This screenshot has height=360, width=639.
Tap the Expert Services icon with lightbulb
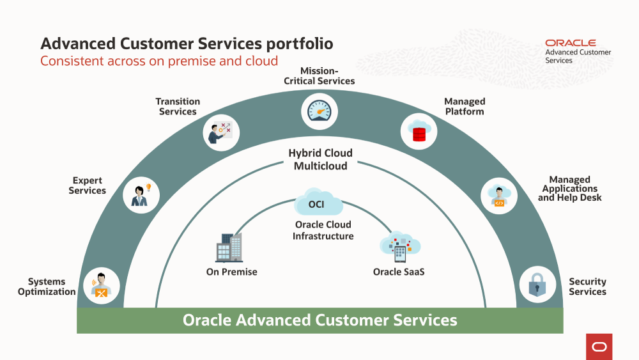point(141,194)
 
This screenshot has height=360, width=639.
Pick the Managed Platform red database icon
point(419,130)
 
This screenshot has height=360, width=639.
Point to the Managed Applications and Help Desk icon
point(499,194)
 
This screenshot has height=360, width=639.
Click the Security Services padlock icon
point(537,285)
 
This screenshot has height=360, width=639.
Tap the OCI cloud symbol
point(319,203)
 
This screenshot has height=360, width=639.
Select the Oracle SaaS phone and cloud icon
point(400,246)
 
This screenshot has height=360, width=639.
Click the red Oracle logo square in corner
point(599,347)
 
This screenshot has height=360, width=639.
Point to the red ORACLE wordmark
point(570,43)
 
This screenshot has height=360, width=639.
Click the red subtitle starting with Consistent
point(159,61)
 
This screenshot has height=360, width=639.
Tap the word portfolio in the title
point(300,43)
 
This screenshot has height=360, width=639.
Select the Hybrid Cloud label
point(320,153)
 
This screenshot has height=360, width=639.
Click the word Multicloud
point(320,166)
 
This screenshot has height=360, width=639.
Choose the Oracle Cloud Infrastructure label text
point(323,231)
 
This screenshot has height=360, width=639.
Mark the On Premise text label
point(231,272)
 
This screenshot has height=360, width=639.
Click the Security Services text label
point(587,286)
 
